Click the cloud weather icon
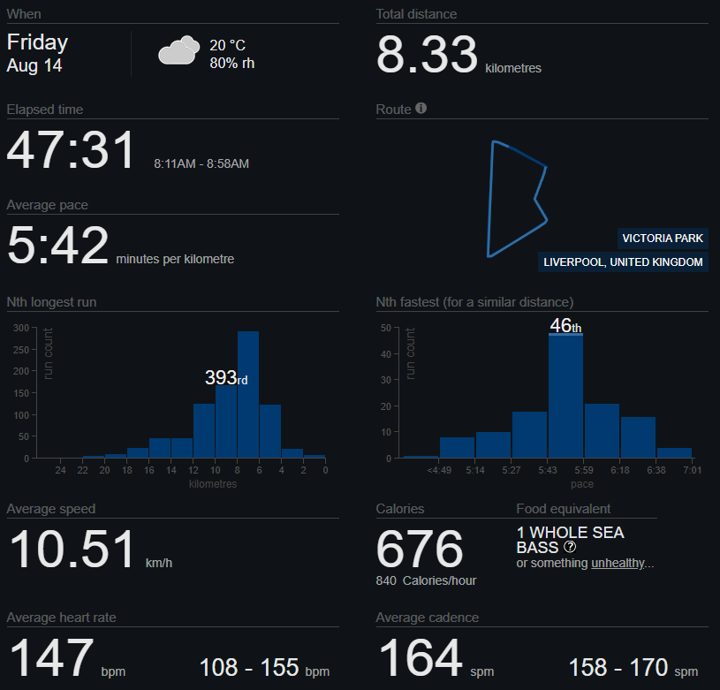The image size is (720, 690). [179, 49]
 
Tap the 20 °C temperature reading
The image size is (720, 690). [227, 45]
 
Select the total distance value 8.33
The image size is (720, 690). [427, 55]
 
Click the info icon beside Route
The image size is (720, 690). [421, 108]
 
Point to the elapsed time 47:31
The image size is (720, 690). [72, 150]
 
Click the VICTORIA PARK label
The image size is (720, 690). [663, 239]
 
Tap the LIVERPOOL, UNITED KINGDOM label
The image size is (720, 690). [623, 262]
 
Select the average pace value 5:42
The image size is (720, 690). [57, 245]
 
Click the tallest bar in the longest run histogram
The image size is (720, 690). [248, 395]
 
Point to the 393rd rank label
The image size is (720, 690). [226, 378]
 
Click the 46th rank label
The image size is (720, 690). [565, 326]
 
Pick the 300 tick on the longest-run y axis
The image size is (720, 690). [21, 328]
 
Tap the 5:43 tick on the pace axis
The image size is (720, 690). [548, 470]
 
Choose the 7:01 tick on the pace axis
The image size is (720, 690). [693, 470]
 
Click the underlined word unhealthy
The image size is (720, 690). [618, 563]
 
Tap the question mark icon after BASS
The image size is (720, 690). [570, 547]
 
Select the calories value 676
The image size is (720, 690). [420, 549]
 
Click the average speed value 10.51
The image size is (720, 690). [72, 549]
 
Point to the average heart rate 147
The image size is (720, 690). [51, 657]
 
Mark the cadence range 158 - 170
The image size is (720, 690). [618, 667]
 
